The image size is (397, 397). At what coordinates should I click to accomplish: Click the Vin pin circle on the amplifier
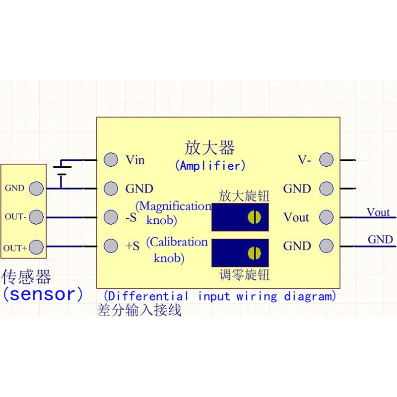(x=111, y=160)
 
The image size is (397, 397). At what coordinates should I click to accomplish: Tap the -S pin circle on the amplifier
(x=111, y=217)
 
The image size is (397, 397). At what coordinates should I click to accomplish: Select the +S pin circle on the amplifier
(x=111, y=246)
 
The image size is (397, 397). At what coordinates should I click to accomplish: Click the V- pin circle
(x=327, y=160)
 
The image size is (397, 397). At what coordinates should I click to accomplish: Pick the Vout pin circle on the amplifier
(x=327, y=217)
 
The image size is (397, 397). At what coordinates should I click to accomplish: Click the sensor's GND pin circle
(x=36, y=189)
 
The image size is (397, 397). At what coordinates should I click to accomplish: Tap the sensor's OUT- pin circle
(x=36, y=217)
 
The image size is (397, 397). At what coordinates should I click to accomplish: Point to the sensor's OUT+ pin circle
(x=36, y=247)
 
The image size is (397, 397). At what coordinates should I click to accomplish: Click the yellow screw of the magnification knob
(x=254, y=217)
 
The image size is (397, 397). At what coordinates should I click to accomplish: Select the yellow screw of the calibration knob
(x=254, y=253)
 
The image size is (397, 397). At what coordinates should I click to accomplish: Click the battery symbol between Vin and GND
(x=62, y=171)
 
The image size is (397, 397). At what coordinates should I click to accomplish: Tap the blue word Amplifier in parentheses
(x=210, y=166)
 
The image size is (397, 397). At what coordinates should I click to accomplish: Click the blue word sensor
(x=43, y=294)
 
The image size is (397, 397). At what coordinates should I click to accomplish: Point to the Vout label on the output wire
(x=378, y=212)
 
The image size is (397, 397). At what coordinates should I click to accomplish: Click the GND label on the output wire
(x=380, y=240)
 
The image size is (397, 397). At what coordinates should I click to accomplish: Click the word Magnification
(x=175, y=206)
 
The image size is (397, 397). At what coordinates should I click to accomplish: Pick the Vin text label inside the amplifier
(x=135, y=160)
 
